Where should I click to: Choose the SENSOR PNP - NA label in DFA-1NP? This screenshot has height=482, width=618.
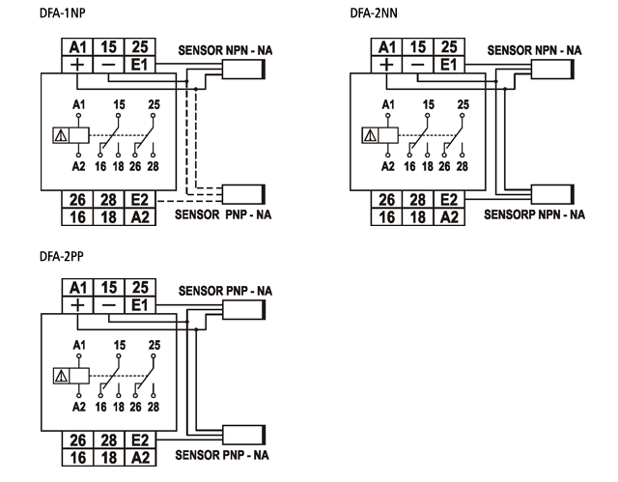pyautogui.click(x=221, y=214)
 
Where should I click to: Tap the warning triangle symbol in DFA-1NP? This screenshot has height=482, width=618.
pyautogui.click(x=62, y=134)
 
